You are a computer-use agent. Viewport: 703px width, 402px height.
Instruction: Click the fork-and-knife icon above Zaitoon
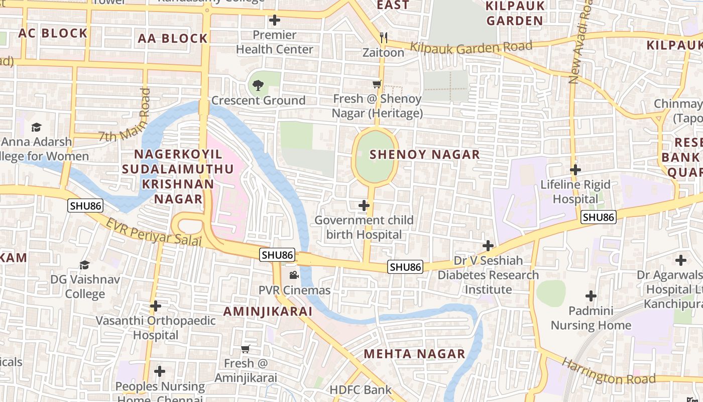point(384,37)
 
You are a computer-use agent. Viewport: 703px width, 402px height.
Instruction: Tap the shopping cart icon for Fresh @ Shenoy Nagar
point(377,84)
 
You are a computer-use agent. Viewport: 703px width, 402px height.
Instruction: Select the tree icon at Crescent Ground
point(258,85)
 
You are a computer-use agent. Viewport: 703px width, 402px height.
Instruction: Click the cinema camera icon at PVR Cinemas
point(294,275)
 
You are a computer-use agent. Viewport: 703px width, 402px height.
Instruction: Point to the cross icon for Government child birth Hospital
point(364,205)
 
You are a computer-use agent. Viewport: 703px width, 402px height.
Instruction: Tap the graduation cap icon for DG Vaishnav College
point(84,264)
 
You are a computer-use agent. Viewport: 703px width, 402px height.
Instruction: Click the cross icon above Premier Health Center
point(274,20)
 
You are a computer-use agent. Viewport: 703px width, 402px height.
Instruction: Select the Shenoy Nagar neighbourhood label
point(425,154)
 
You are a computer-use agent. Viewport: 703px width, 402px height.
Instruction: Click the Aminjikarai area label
point(268,311)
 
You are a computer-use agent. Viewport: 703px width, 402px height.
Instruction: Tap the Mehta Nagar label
point(414,354)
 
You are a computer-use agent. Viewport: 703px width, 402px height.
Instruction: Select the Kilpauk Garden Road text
point(471,48)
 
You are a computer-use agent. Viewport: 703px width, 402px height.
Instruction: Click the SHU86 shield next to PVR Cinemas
point(277,255)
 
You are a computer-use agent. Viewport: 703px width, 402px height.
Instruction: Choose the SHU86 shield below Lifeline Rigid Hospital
point(598,217)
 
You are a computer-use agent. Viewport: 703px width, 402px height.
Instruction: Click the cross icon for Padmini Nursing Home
point(591,295)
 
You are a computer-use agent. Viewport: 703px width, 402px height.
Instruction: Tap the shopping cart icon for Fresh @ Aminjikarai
point(245,349)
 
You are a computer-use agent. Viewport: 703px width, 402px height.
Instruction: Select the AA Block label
point(173,38)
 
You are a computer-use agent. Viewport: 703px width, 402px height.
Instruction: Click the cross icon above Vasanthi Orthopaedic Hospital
point(156,306)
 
